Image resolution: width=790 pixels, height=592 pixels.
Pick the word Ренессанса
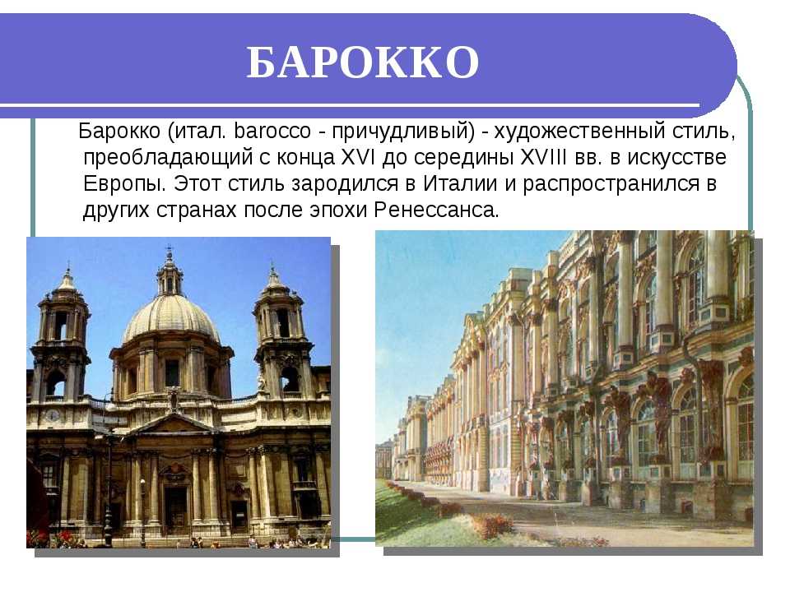click(436, 210)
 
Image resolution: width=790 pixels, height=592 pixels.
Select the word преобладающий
click(168, 158)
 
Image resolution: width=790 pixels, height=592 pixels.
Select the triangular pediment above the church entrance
click(172, 424)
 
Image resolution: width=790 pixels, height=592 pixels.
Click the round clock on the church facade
click(53, 415)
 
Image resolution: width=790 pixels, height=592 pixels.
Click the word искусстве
click(676, 158)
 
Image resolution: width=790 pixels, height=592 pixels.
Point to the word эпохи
click(342, 210)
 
